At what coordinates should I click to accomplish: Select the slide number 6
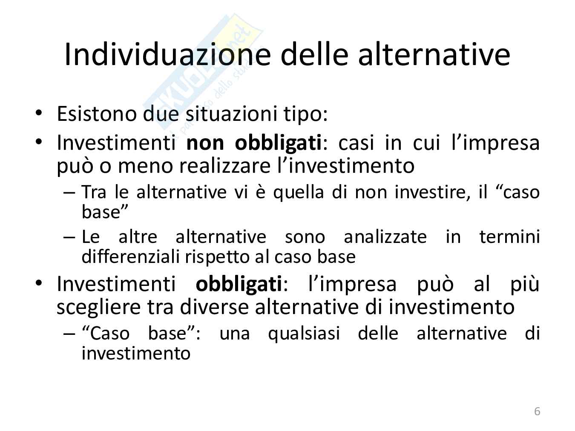click(x=537, y=411)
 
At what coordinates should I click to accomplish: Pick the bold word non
click(x=205, y=143)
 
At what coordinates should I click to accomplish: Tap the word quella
click(x=299, y=192)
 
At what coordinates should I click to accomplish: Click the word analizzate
click(x=385, y=237)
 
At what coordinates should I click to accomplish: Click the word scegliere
click(x=99, y=308)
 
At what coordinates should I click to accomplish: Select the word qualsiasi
click(x=304, y=334)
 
